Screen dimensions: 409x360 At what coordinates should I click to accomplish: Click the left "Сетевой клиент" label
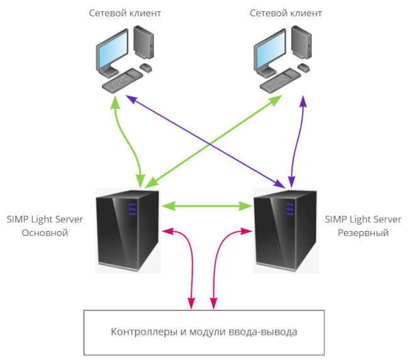125,13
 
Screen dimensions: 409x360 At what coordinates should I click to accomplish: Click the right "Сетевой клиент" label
286,13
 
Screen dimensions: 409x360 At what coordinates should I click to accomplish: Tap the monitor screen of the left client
113,50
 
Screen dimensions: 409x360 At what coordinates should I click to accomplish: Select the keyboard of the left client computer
122,81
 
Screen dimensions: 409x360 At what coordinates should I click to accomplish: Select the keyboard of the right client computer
280,81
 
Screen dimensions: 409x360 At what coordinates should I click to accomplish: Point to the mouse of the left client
146,67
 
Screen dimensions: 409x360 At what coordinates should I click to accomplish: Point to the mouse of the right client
304,67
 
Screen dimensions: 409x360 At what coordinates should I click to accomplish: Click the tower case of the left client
143,42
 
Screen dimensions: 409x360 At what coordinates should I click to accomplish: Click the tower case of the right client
301,42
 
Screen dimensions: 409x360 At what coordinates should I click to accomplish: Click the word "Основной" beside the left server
45,233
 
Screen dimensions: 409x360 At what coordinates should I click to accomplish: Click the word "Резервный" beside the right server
363,233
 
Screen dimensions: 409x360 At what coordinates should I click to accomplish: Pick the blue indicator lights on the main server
132,209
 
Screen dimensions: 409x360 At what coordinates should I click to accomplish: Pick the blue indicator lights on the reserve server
290,209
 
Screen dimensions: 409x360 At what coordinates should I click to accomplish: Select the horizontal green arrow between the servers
207,206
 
